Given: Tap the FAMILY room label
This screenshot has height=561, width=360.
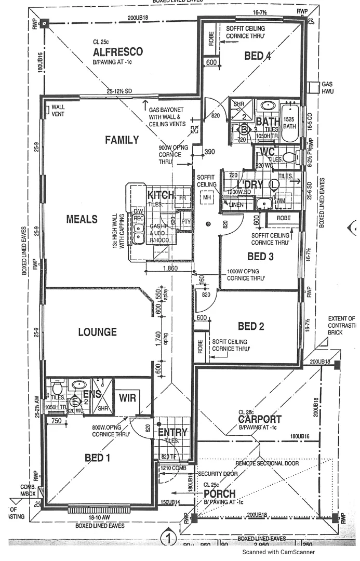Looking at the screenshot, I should [122, 140].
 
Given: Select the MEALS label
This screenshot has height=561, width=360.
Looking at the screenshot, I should [82, 219].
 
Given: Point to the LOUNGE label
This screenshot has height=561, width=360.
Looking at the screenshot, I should [97, 332].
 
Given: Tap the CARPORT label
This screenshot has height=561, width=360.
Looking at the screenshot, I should [260, 419].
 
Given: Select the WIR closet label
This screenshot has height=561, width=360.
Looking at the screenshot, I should [127, 399].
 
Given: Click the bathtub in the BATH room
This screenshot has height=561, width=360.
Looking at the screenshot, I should [290, 124].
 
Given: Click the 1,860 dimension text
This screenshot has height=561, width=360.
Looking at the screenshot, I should [170, 269].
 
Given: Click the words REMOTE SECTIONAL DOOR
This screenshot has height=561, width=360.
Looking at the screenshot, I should [267, 463].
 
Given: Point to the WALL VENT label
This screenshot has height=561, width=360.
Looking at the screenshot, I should [58, 111].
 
